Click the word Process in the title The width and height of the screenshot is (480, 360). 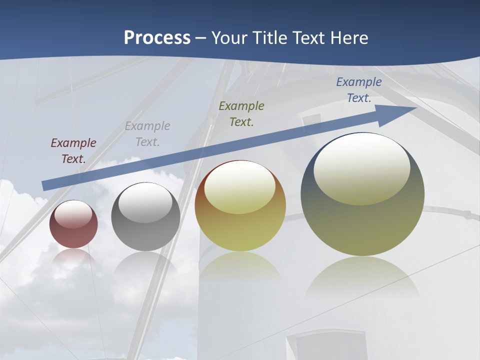[x=157, y=38]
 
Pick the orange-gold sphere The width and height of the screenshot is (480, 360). [x=240, y=220]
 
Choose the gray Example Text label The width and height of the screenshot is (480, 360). [x=147, y=134]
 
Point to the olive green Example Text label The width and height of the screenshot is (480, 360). [x=241, y=113]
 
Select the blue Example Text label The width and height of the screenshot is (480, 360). [x=359, y=90]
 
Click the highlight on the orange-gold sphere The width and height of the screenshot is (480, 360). [x=240, y=187]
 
